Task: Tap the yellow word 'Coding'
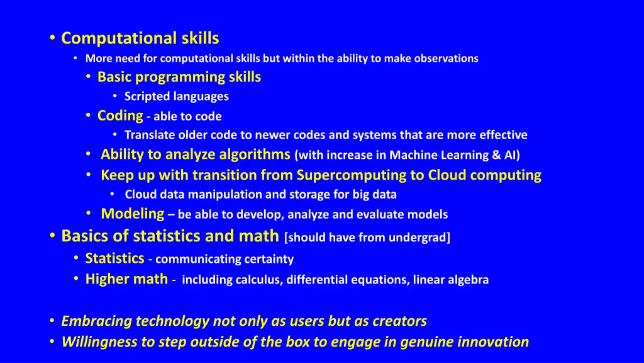pyautogui.click(x=120, y=115)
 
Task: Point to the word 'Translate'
pyautogui.click(x=149, y=135)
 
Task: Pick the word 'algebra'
pyautogui.click(x=466, y=280)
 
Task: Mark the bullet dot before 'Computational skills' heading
pyautogui.click(x=52, y=38)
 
